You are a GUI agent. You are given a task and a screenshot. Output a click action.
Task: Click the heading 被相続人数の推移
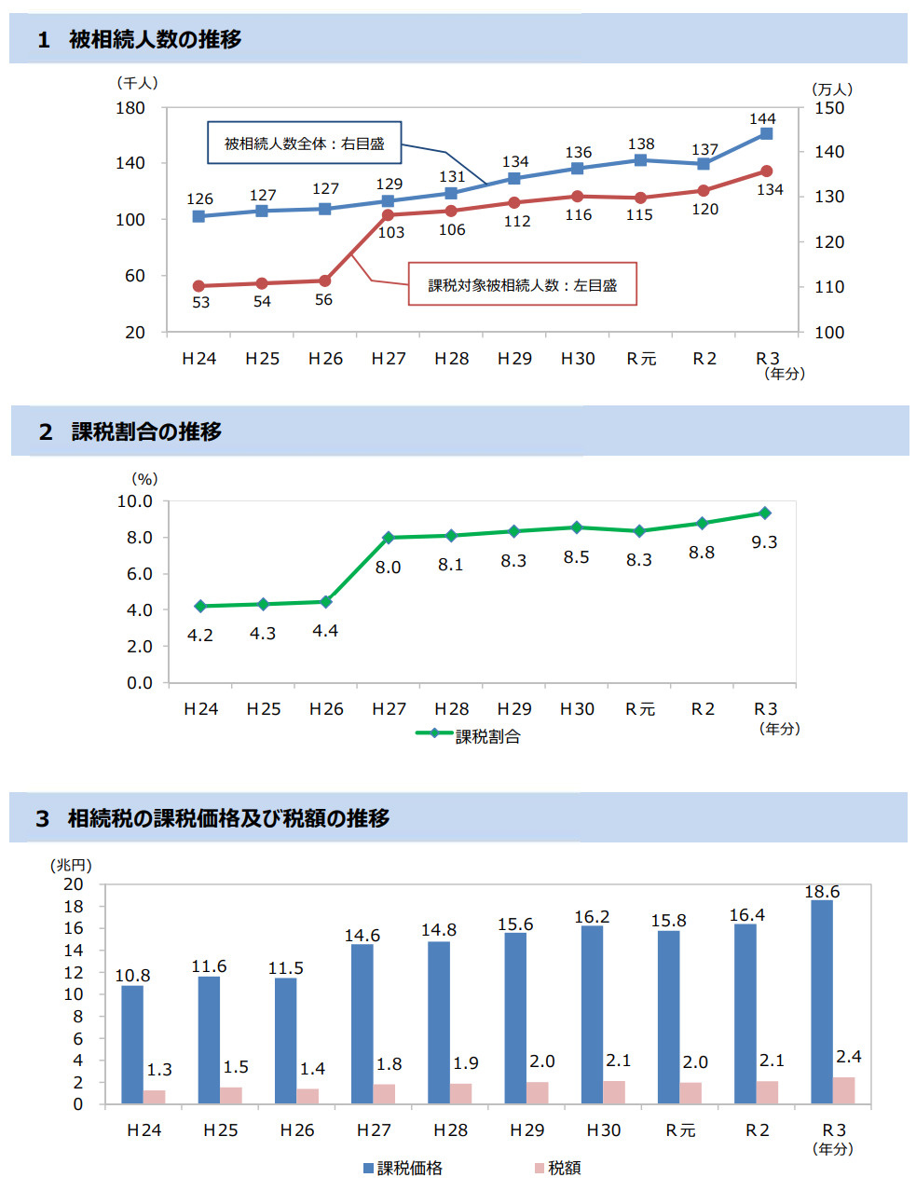(x=155, y=39)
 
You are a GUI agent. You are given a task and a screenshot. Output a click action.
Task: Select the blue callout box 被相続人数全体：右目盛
(x=304, y=144)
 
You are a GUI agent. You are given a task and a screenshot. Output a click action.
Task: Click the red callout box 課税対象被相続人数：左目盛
(x=523, y=285)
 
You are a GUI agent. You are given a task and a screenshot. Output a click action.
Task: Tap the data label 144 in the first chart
(x=762, y=118)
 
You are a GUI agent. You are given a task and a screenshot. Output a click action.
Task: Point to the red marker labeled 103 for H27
(x=388, y=215)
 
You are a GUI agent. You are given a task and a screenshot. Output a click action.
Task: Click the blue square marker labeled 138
(x=640, y=160)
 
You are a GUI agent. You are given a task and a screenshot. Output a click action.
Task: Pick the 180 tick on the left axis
(x=130, y=108)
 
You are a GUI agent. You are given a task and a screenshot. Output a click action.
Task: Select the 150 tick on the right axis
(x=829, y=108)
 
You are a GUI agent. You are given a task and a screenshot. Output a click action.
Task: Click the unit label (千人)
(x=137, y=83)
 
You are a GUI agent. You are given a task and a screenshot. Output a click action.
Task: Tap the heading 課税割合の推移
(x=146, y=431)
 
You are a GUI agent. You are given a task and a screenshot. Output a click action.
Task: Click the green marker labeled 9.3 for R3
(x=765, y=513)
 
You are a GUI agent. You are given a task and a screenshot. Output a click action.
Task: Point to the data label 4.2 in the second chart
(x=200, y=636)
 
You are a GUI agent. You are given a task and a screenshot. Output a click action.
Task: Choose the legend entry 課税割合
(x=486, y=736)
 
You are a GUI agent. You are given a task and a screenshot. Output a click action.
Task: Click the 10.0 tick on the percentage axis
(x=134, y=501)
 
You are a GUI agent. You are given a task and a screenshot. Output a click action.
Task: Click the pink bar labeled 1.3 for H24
(x=155, y=1097)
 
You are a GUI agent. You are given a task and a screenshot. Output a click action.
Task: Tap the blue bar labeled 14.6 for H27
(x=362, y=1023)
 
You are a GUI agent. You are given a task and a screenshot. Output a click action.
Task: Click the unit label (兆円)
(x=71, y=865)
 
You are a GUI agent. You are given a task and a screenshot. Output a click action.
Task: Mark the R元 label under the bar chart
(x=680, y=1129)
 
